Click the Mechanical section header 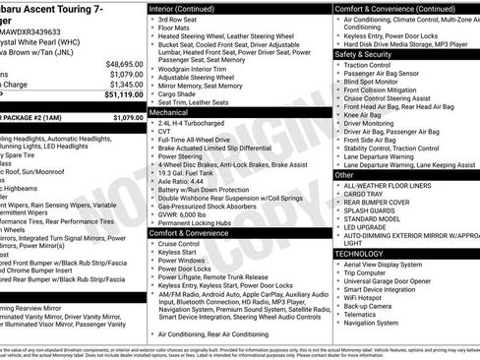click(172, 113)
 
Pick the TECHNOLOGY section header click(360, 253)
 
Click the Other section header click(345, 174)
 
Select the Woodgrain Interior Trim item click(191, 68)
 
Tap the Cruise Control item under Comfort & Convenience click(179, 243)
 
